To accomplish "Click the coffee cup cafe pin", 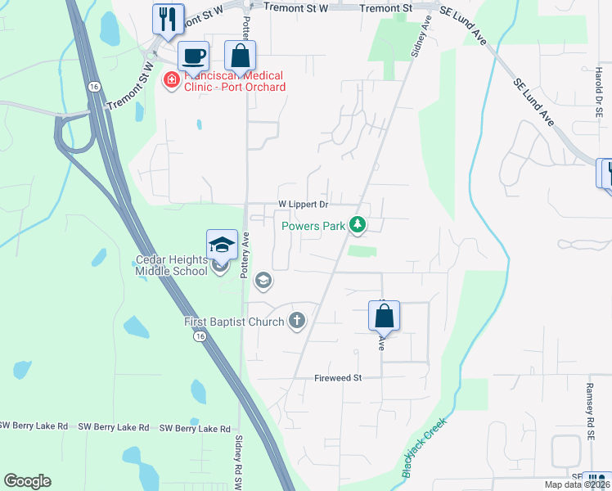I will tap(193, 56).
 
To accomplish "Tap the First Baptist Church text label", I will tap(234, 322).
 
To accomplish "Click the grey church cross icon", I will tap(297, 321).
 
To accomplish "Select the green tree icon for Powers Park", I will tap(357, 223).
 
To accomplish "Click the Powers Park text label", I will tap(313, 227).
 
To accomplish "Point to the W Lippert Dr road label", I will tap(303, 204).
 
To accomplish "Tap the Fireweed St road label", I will tap(338, 378).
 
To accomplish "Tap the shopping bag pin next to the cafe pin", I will tap(240, 56).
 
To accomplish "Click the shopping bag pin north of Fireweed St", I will tap(384, 316).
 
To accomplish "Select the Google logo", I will tap(28, 481).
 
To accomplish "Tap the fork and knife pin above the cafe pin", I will tap(168, 19).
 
